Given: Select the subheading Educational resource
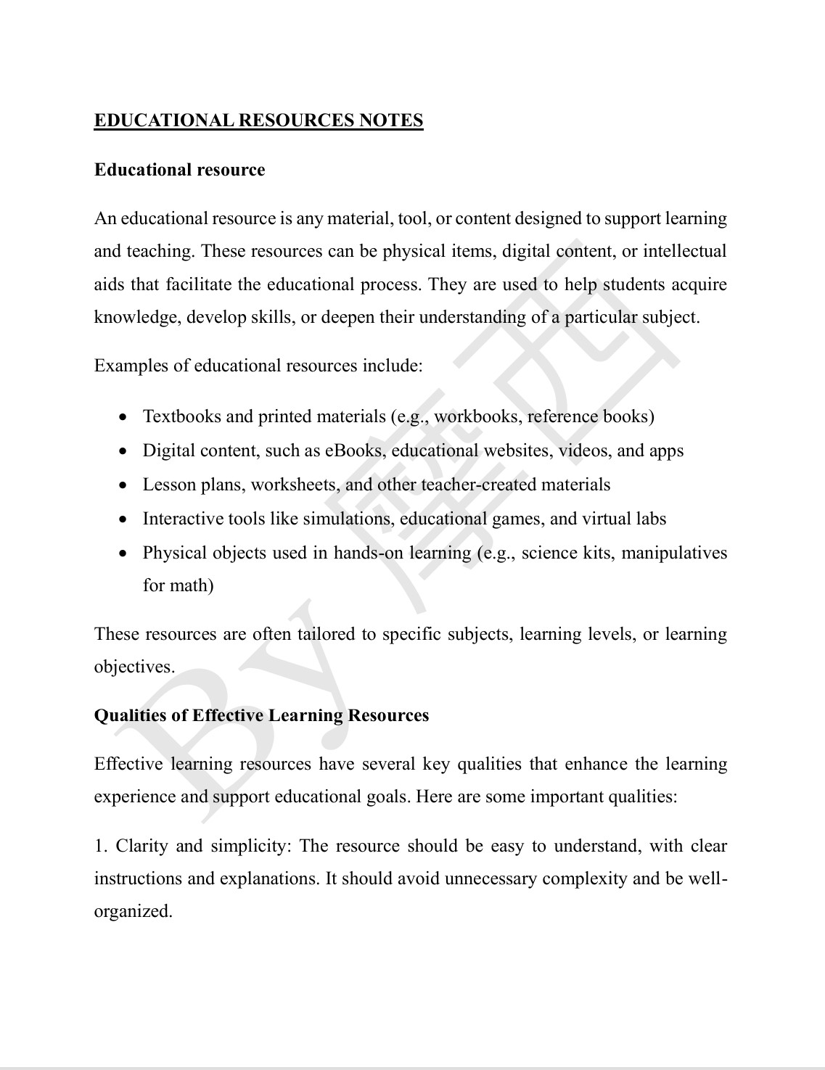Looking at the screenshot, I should [x=179, y=170].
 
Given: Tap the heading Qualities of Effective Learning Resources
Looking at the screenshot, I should [x=261, y=715].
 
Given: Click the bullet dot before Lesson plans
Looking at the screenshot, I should [x=125, y=485].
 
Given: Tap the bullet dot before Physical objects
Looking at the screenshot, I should [x=125, y=553].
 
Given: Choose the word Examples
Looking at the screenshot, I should [x=131, y=365].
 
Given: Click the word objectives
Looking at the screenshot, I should [x=134, y=667].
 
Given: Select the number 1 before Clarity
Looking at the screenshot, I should [x=99, y=846].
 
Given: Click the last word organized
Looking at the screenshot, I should [x=132, y=911].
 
